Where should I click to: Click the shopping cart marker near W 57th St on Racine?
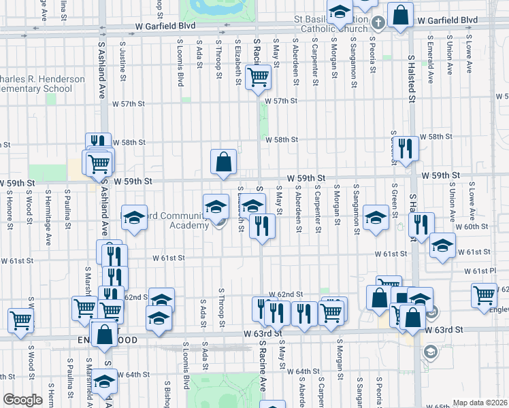coord(258,78)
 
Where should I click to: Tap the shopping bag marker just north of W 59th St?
coord(223,163)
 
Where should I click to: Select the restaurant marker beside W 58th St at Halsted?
coord(406,149)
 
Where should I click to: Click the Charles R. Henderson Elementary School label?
coord(41,84)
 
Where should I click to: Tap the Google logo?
coord(22,400)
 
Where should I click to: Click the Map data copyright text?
coord(480,403)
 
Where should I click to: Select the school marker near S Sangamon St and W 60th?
coord(375,218)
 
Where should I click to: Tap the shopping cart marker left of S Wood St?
coord(20,319)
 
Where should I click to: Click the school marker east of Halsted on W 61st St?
coord(442,247)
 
